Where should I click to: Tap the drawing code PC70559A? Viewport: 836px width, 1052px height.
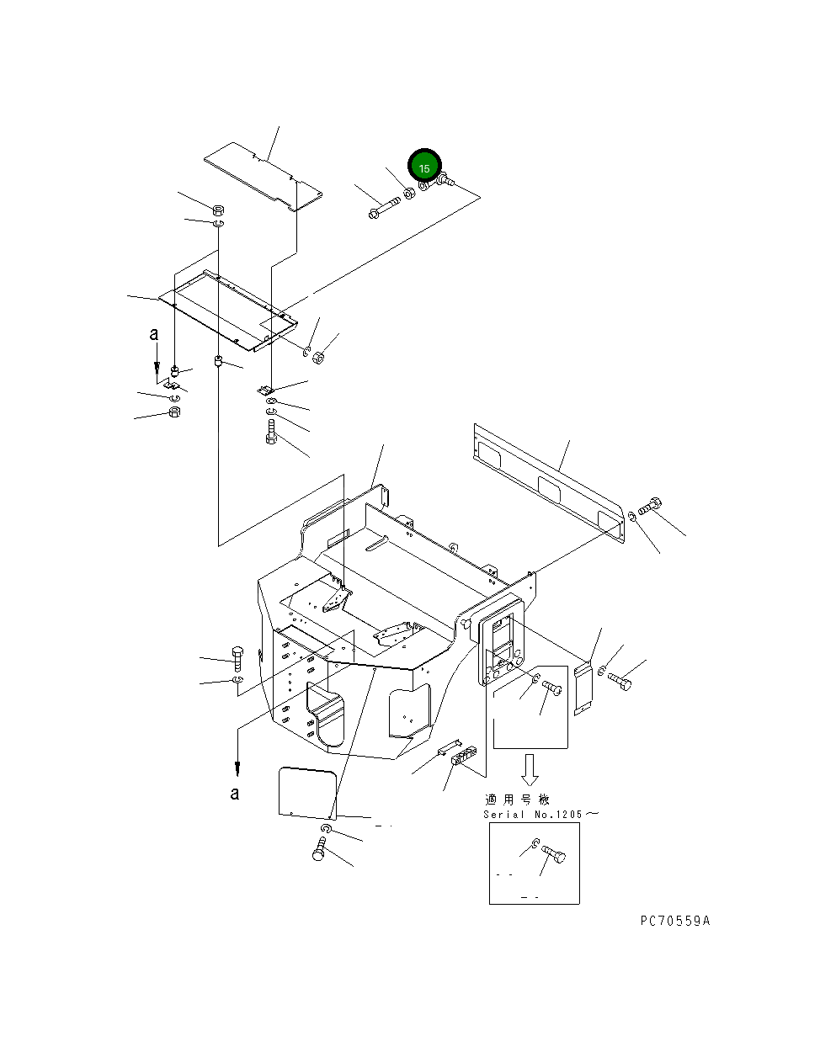[674, 921]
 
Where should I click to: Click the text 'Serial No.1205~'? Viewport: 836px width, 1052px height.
[541, 815]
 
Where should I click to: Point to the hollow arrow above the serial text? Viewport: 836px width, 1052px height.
[530, 768]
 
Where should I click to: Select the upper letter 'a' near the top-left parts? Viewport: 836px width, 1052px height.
[154, 334]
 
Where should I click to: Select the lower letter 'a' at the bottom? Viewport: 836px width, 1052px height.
[235, 793]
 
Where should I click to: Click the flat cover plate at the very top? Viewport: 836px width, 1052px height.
[263, 178]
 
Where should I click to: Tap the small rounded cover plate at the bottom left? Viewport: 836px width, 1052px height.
[307, 792]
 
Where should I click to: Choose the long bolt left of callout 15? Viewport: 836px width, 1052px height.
[384, 206]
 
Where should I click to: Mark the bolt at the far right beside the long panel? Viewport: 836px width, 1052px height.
[651, 507]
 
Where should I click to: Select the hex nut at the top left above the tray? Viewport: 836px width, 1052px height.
[217, 210]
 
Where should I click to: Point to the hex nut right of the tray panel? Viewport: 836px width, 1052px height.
[319, 359]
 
